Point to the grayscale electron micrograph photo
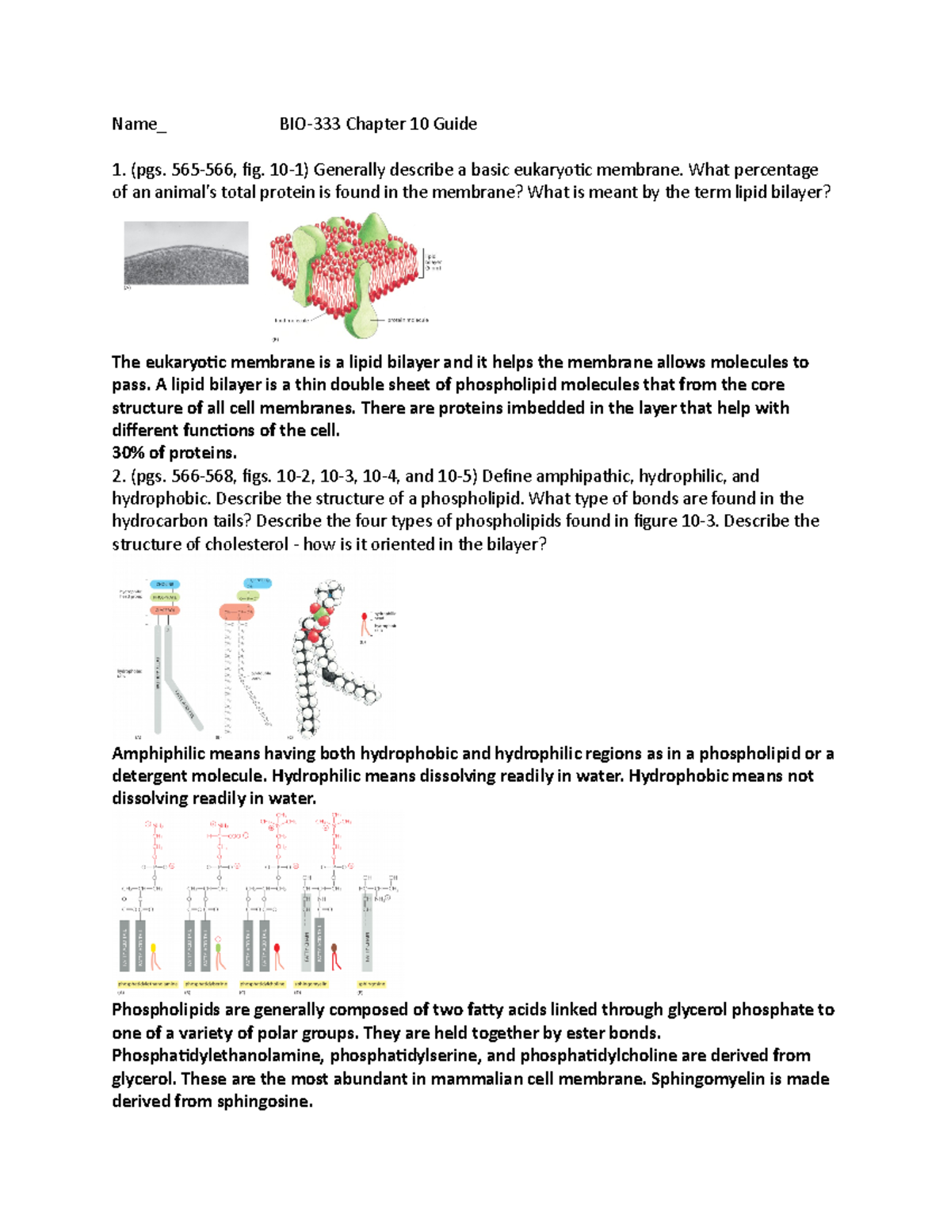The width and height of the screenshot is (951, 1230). pyautogui.click(x=186, y=253)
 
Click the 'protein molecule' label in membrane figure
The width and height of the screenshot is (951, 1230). pyautogui.click(x=408, y=320)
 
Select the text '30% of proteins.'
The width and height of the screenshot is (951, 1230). pyautogui.click(x=174, y=453)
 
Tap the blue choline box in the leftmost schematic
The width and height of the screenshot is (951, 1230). pyautogui.click(x=166, y=584)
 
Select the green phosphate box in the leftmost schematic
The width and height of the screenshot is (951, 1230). pyautogui.click(x=165, y=597)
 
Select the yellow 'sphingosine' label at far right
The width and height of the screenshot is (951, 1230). pyautogui.click(x=371, y=984)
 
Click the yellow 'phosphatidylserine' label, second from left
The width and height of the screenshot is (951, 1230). pyautogui.click(x=206, y=984)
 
